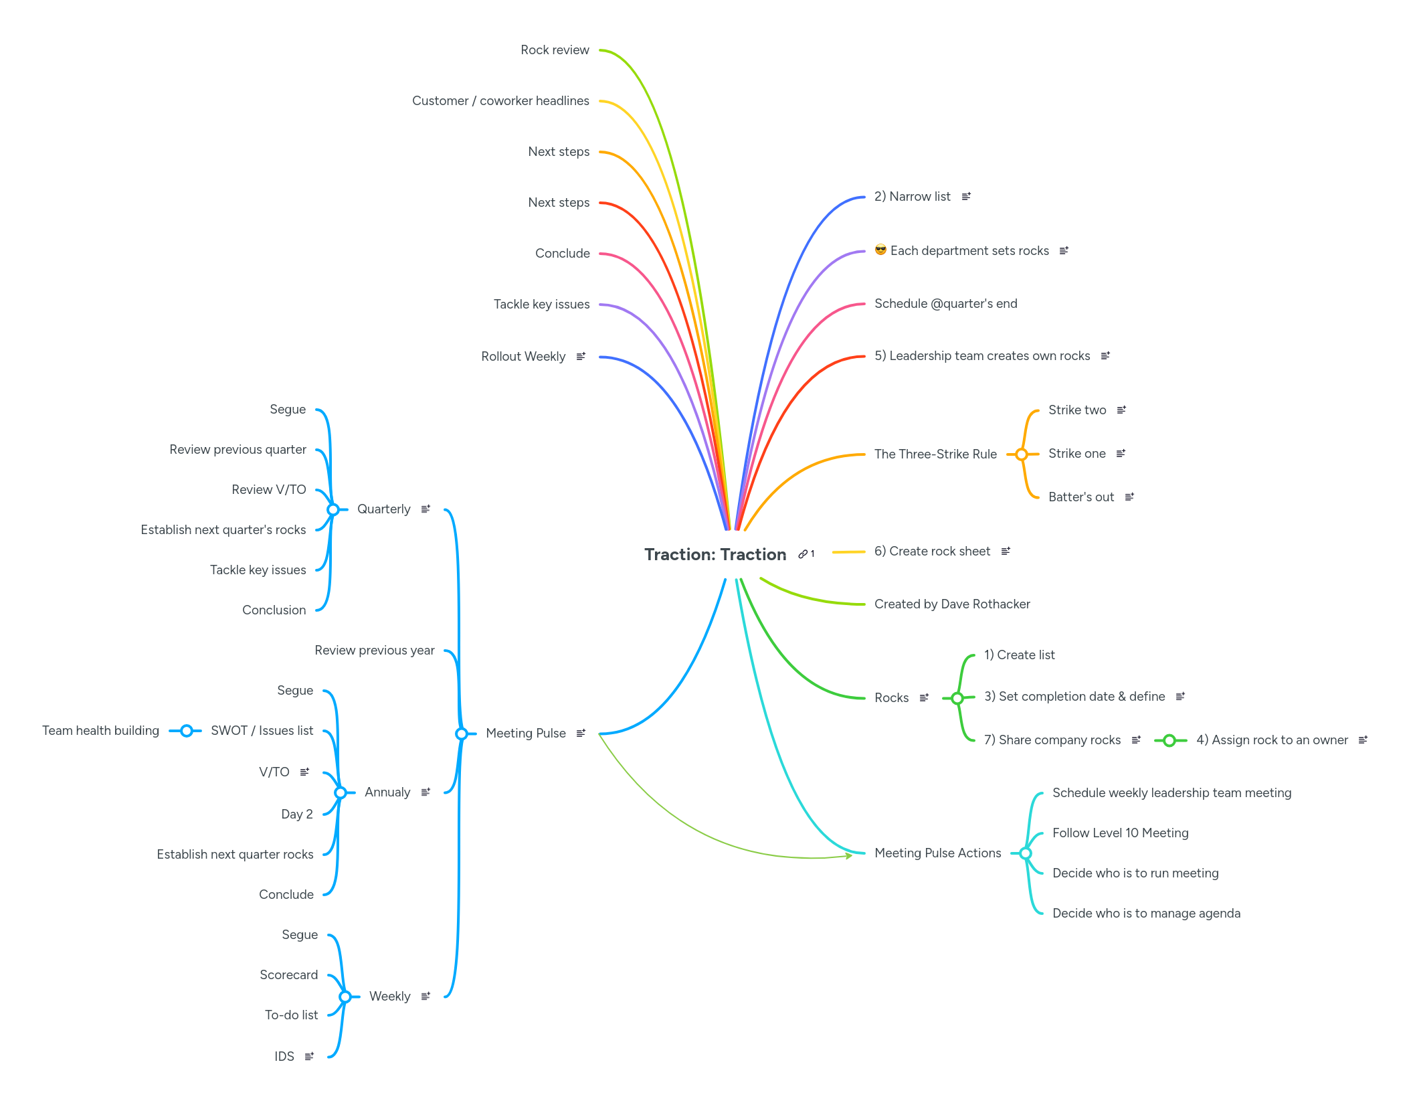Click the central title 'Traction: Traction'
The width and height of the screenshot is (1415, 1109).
pos(715,554)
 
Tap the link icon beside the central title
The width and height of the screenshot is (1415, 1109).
pos(802,554)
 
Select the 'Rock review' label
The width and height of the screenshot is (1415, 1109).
pos(555,50)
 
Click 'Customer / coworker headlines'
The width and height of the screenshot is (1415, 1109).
pos(500,101)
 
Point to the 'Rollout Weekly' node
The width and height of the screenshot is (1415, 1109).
pos(523,357)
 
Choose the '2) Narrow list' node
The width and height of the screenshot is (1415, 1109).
pos(912,197)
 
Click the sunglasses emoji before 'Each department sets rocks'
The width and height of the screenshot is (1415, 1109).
pos(880,250)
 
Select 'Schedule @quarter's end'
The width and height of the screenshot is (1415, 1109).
pos(945,304)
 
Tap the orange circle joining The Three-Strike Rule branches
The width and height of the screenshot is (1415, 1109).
pos(1022,454)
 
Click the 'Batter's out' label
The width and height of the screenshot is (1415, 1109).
pos(1080,497)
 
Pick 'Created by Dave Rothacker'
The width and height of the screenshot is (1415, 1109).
pos(952,604)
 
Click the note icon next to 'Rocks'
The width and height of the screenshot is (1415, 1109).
pos(924,697)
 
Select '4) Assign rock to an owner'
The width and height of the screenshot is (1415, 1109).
pos(1272,740)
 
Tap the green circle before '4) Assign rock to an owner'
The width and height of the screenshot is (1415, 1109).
pos(1169,740)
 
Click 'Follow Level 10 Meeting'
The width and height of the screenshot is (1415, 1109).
pos(1120,833)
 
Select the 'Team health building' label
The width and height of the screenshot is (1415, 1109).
pos(100,731)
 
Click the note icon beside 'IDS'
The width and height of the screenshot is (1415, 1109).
pos(309,1056)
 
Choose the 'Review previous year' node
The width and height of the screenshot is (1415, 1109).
pos(374,651)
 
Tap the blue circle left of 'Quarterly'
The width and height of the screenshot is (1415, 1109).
pos(333,510)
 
